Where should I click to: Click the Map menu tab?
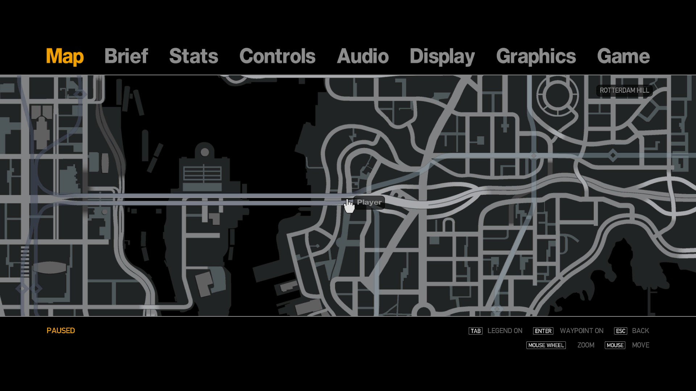65,56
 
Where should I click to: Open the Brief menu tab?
126,56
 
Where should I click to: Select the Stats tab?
194,56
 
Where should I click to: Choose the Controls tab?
277,56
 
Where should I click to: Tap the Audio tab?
362,56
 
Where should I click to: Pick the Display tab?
442,56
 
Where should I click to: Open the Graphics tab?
536,56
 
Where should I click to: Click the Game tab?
623,56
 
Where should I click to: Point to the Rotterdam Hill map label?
624,91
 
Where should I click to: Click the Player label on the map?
369,202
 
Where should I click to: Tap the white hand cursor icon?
349,206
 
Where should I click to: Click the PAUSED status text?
61,331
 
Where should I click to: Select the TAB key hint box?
475,331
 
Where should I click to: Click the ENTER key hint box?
543,331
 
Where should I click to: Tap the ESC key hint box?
620,331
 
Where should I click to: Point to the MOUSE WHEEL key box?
546,345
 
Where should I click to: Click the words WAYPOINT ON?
581,331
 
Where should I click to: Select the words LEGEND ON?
505,331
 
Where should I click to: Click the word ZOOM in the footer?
586,345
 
